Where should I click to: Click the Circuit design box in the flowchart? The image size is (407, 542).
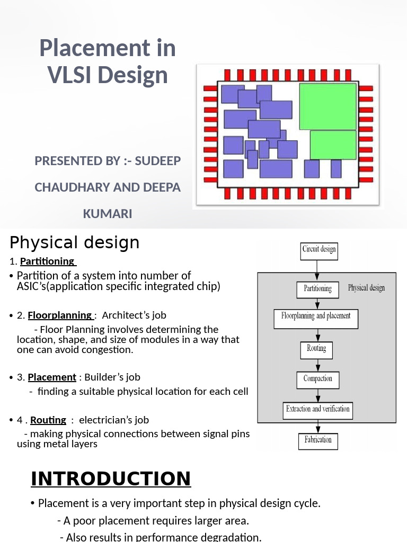pos(319,249)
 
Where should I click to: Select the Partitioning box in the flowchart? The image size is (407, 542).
pos(317,289)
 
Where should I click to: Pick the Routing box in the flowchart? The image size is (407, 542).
pos(316,349)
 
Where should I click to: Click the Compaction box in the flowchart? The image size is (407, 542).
pos(317,380)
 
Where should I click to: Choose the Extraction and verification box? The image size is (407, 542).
pos(317,409)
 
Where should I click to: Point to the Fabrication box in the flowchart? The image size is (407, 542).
pos(318,440)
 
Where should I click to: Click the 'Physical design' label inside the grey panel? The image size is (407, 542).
pos(366,288)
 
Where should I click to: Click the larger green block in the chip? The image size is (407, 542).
pos(328,106)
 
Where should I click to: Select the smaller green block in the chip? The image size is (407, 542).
pos(333,144)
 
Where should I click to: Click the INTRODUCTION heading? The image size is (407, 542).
pos(111,478)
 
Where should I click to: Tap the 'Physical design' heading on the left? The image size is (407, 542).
pos(75,243)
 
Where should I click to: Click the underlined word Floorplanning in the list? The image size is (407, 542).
pos(60,315)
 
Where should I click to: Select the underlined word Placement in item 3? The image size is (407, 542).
pos(52,377)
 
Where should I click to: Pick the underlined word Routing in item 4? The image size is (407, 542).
pos(48,420)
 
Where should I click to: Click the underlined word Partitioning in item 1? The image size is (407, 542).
pos(47,261)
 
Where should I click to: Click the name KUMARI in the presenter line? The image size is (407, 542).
pos(108,214)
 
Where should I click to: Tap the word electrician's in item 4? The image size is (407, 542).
pos(114,420)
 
